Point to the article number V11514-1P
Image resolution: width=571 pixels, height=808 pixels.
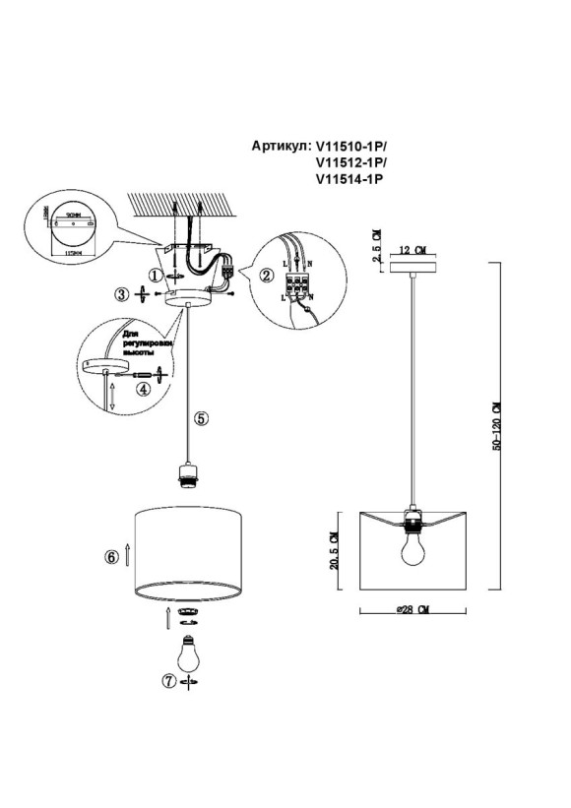tap(349, 179)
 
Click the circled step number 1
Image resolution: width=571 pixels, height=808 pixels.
tap(154, 274)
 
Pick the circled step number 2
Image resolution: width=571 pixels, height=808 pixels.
tap(265, 276)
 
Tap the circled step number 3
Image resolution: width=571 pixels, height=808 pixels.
tap(121, 293)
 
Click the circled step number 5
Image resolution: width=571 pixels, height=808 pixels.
tap(202, 417)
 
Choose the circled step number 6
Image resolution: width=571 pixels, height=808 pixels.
tap(112, 557)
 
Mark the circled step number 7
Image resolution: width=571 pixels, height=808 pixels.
tap(168, 680)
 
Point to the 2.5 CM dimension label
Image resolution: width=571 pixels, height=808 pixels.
tap(375, 241)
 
